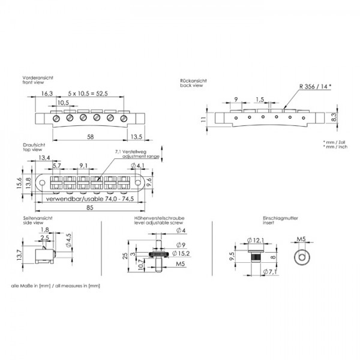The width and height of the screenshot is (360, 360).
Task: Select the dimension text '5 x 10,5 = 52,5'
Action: tap(88, 94)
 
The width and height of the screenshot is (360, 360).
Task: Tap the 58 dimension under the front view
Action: tap(90, 137)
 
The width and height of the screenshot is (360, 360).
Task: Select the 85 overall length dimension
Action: tap(90, 208)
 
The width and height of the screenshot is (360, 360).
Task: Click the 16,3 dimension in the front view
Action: tap(47, 94)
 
